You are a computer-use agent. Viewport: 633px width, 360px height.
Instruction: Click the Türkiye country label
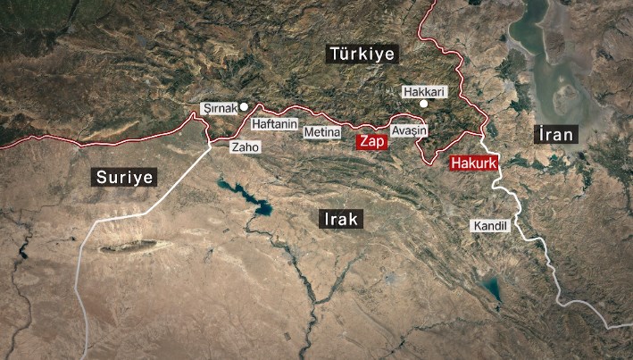(x=362, y=54)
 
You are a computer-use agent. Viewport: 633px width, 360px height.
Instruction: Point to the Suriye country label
(x=124, y=177)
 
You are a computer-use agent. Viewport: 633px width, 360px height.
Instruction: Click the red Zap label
(x=371, y=142)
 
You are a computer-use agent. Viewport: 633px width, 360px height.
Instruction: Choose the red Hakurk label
(x=472, y=163)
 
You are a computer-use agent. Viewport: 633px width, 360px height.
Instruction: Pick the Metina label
(x=322, y=132)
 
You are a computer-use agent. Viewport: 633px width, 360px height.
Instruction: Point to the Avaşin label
(x=410, y=130)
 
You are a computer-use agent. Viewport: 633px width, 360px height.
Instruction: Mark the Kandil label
(x=489, y=226)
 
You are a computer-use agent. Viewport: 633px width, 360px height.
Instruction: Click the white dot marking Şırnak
(x=244, y=105)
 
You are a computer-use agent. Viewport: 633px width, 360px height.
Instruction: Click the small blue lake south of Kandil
(x=490, y=288)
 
